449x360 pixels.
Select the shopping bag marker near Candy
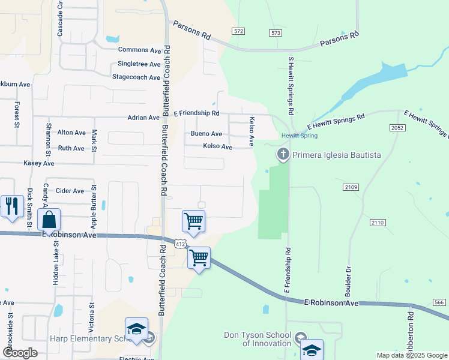tap(49, 219)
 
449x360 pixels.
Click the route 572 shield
tap(239, 31)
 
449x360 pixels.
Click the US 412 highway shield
tap(180, 243)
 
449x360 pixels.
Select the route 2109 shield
tap(351, 188)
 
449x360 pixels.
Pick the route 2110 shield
tap(378, 223)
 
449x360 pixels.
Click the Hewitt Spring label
tap(300, 136)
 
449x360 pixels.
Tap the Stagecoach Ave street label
tap(136, 77)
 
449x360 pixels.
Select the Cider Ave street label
tap(70, 191)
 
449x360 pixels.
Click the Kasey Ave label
tap(38, 163)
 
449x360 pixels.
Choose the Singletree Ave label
tap(139, 64)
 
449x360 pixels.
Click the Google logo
tap(20, 353)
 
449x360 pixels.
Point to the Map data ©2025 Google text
tap(411, 355)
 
